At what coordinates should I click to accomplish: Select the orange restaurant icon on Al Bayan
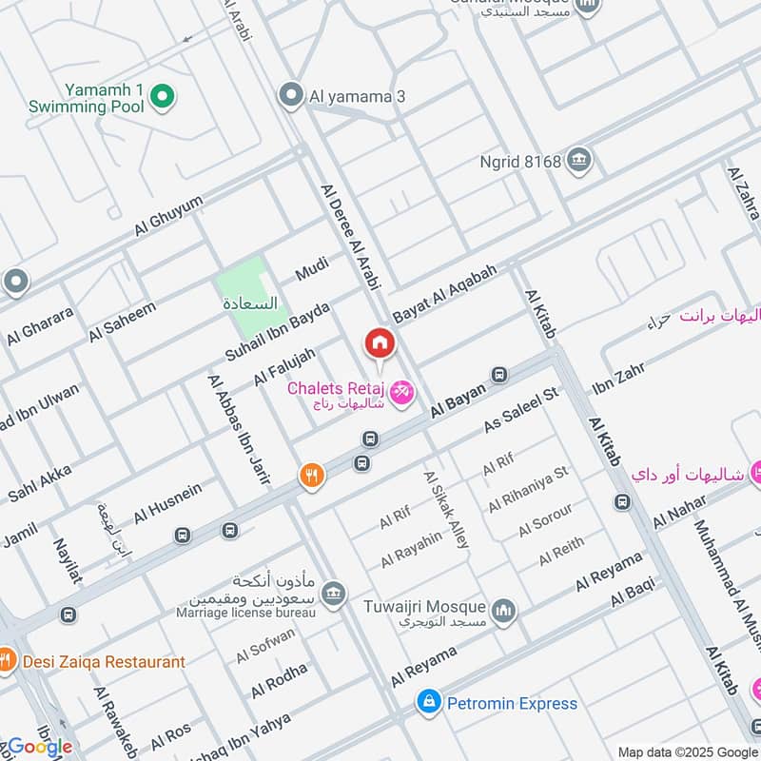click(311, 477)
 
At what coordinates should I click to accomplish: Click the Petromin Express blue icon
click(429, 703)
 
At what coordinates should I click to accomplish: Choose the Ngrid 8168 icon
click(577, 161)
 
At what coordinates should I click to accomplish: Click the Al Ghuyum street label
click(169, 216)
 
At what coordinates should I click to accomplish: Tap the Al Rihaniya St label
click(528, 489)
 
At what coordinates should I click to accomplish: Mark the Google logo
click(40, 747)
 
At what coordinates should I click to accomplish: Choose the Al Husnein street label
click(167, 503)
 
